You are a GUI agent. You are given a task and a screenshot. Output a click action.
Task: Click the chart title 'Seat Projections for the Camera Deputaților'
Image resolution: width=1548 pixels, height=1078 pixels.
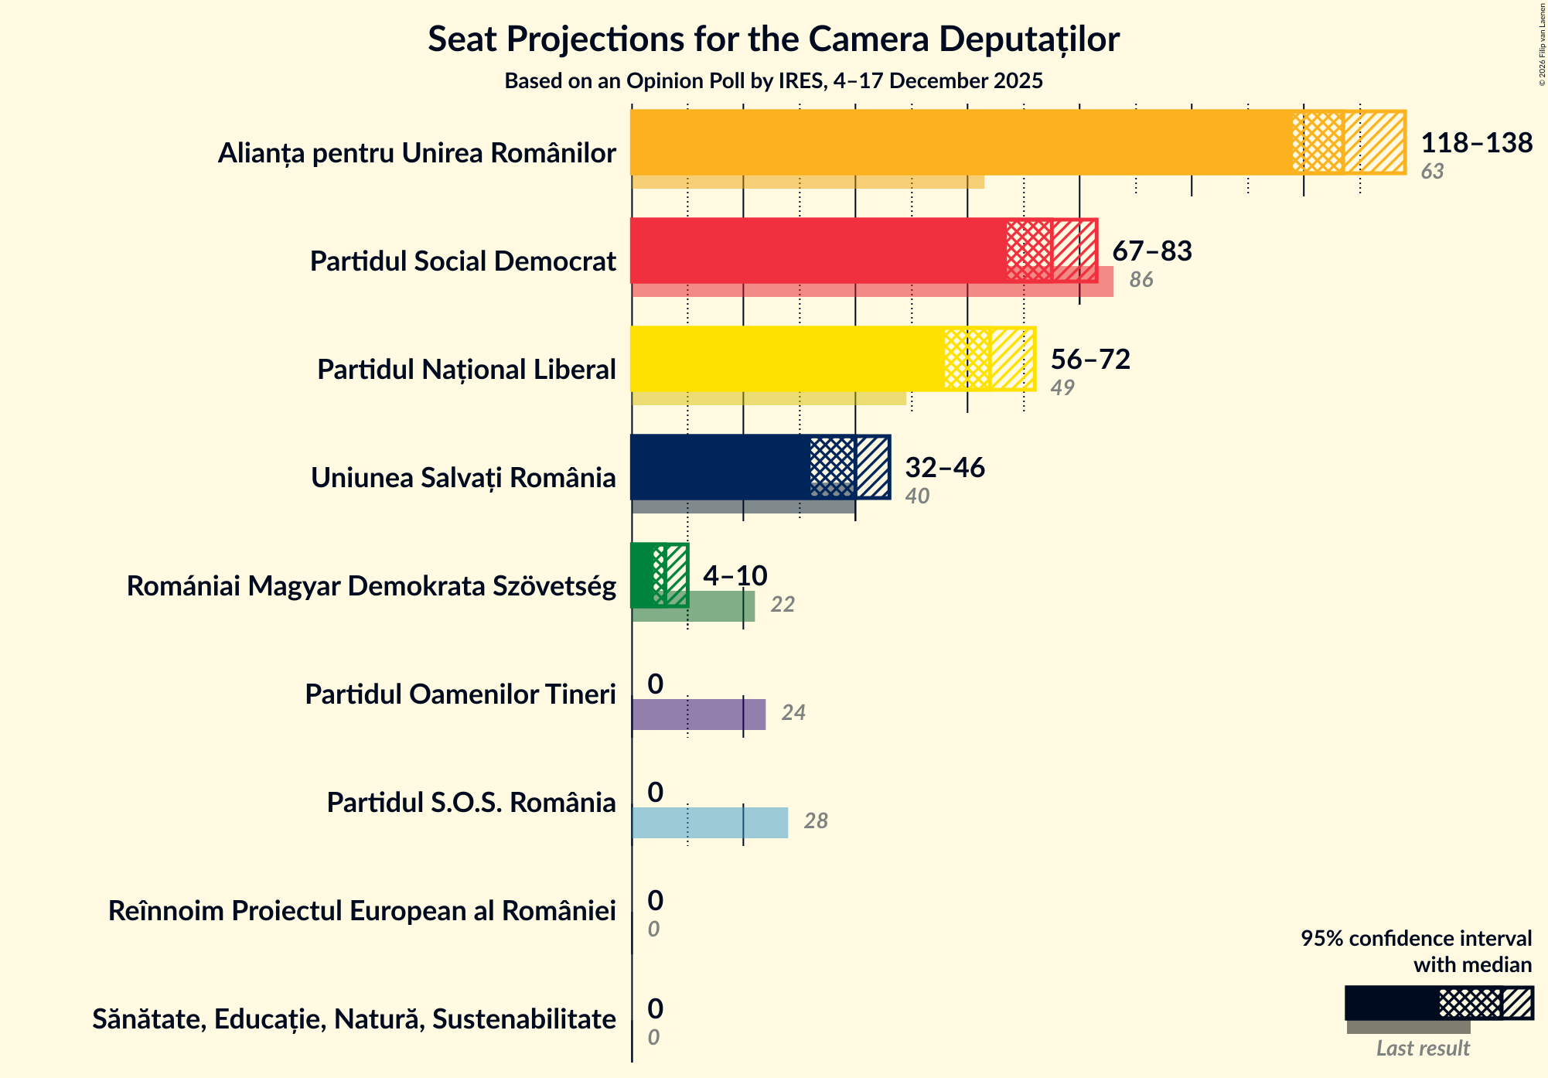(773, 39)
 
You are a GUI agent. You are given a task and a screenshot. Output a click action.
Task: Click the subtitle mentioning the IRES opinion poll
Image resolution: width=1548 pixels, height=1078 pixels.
(773, 81)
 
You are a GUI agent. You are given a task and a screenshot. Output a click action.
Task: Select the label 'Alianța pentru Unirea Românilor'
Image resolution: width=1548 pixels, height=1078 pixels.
(416, 153)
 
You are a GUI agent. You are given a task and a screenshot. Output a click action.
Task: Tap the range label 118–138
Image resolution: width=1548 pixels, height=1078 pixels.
(1476, 143)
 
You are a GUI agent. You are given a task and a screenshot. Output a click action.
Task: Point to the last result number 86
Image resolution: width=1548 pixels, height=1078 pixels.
(1141, 280)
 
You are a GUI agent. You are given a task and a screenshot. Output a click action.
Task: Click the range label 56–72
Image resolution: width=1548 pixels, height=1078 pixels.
(1090, 360)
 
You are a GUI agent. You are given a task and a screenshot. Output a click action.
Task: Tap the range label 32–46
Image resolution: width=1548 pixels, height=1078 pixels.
(945, 468)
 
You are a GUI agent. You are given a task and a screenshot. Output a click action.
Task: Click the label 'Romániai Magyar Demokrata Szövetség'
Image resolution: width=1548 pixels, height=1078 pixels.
(371, 586)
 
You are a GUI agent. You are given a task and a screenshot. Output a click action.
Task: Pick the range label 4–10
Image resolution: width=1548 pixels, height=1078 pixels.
(735, 576)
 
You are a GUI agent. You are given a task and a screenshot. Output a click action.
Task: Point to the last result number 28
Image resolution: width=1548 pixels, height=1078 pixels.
(816, 821)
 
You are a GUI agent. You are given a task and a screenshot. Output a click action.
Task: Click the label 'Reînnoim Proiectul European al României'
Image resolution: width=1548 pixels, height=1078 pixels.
(362, 911)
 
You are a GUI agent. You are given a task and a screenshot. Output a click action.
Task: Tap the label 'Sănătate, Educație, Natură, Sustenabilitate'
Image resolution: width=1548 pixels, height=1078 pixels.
(354, 1019)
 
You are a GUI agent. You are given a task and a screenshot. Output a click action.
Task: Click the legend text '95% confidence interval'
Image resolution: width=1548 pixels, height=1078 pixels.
(1415, 939)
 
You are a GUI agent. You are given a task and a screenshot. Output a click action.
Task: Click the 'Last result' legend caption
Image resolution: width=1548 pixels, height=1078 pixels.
(1422, 1049)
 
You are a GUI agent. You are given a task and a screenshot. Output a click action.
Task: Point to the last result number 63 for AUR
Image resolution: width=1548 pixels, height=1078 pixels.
(1432, 172)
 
